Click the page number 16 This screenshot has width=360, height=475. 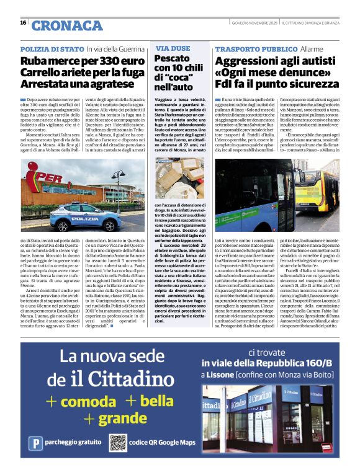pos(22,23)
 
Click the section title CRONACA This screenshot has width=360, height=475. pos(58,25)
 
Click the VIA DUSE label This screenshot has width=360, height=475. pos(173,48)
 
